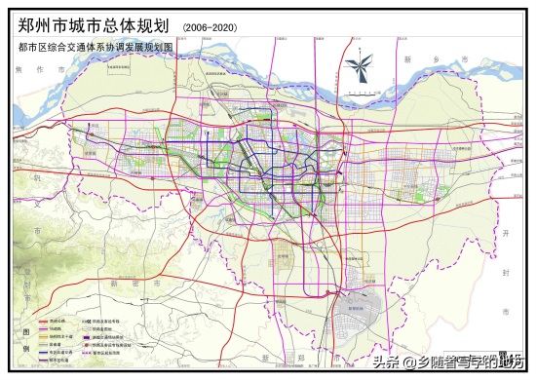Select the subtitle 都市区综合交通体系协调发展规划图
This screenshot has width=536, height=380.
point(95,46)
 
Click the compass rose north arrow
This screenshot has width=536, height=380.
point(359,68)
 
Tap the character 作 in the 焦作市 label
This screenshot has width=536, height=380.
point(38,70)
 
